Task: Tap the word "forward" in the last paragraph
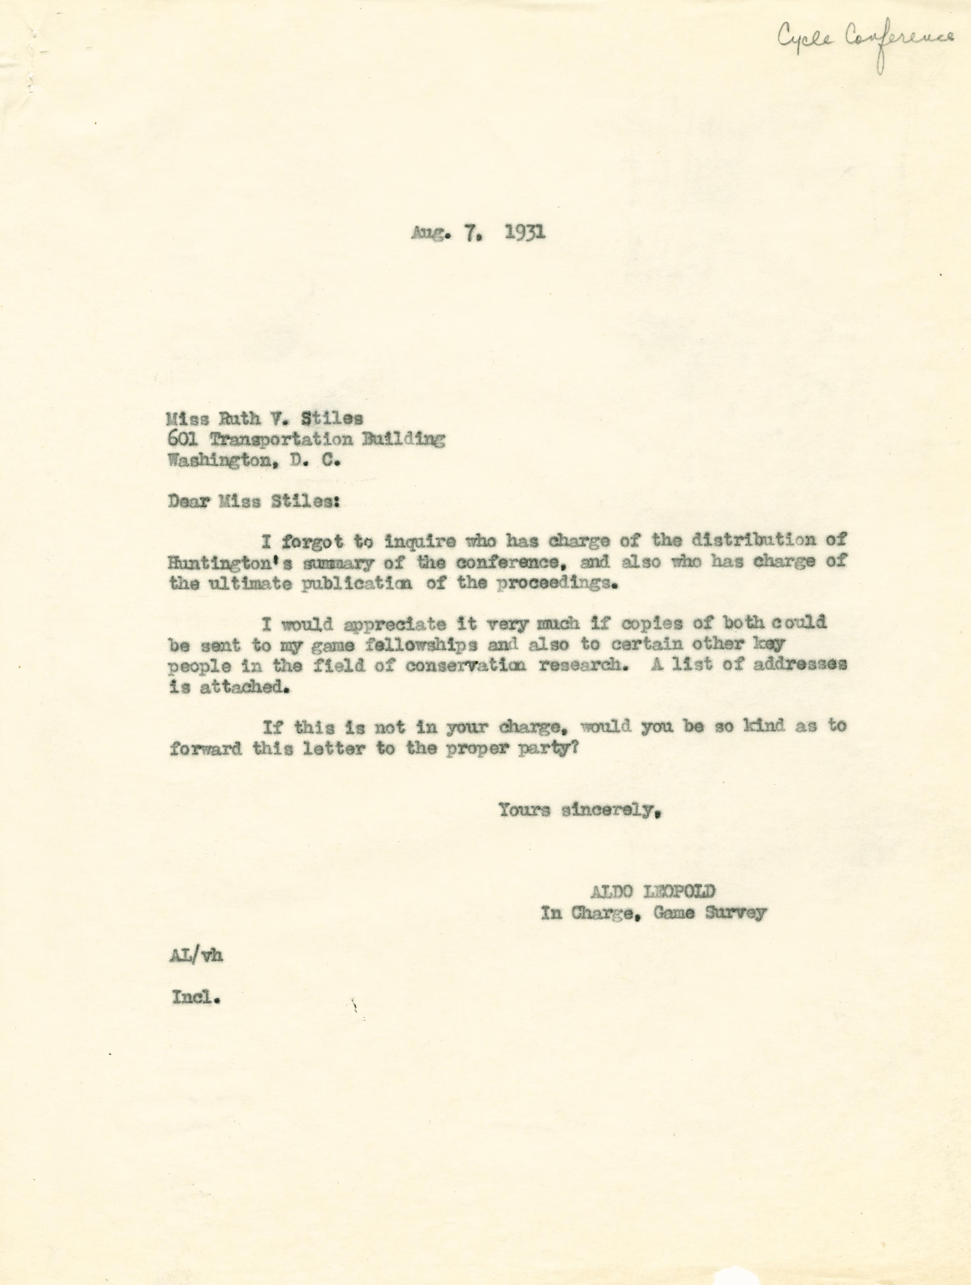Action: click(x=206, y=749)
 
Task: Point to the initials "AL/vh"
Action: click(x=195, y=956)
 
